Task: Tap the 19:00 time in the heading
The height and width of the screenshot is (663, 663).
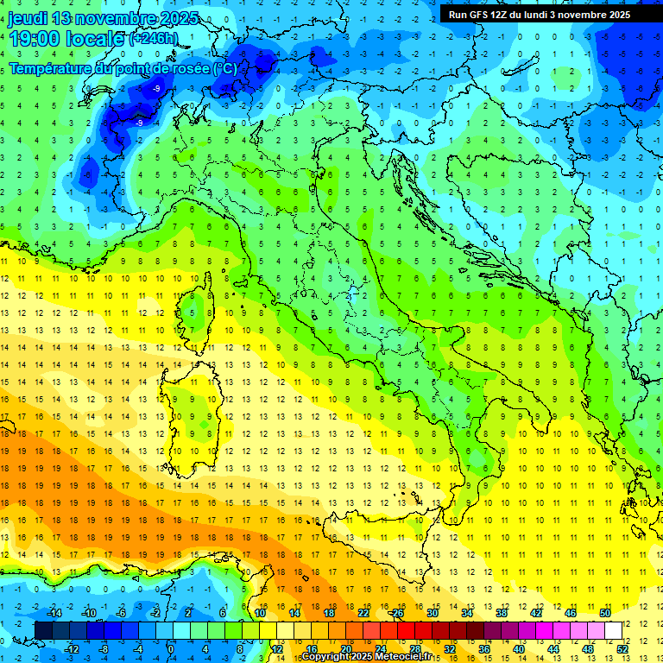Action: (35, 39)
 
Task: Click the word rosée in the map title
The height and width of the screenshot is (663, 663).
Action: (187, 68)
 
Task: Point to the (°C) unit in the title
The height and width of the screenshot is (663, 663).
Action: (224, 68)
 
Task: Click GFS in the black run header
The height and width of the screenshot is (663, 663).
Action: (477, 15)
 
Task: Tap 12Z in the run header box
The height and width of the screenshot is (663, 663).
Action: (500, 15)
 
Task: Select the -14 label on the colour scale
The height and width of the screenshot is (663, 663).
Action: (54, 613)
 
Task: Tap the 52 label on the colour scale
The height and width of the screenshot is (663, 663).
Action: (622, 648)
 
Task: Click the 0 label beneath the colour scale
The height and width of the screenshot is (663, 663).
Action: (171, 648)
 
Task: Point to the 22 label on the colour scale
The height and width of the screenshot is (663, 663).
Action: (363, 613)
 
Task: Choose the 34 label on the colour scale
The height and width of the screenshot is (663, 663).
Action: (467, 613)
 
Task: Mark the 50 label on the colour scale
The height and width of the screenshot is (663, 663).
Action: (605, 613)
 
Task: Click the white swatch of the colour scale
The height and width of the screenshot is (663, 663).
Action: (613, 630)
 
